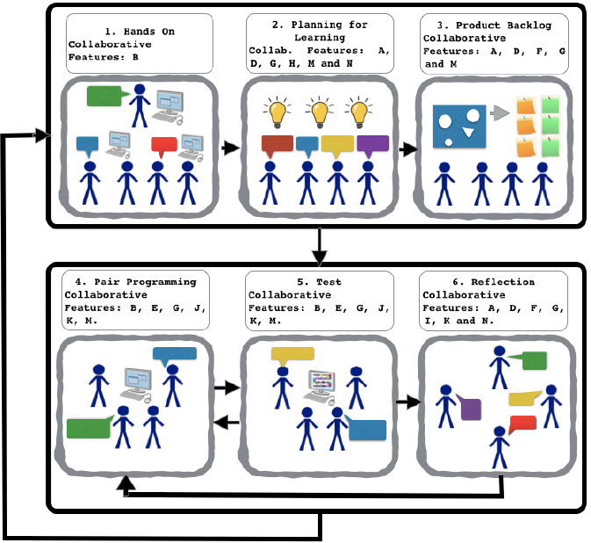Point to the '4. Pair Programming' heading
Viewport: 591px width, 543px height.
(137, 282)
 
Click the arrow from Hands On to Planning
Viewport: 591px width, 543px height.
(230, 148)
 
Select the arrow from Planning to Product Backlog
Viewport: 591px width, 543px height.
(407, 148)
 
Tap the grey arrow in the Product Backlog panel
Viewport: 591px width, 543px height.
(500, 112)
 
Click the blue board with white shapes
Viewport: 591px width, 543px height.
(459, 127)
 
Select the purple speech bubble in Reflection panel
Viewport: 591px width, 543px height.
(471, 409)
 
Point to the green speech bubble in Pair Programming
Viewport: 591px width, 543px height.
(89, 428)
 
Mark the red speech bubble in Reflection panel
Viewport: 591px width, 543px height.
(523, 424)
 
